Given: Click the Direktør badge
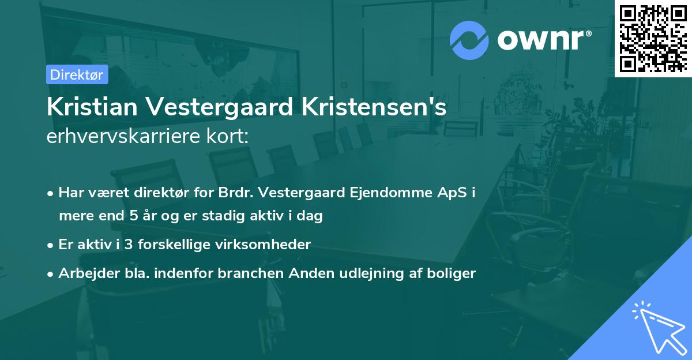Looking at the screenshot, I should [77, 74].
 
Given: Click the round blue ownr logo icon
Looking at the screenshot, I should [469, 40].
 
